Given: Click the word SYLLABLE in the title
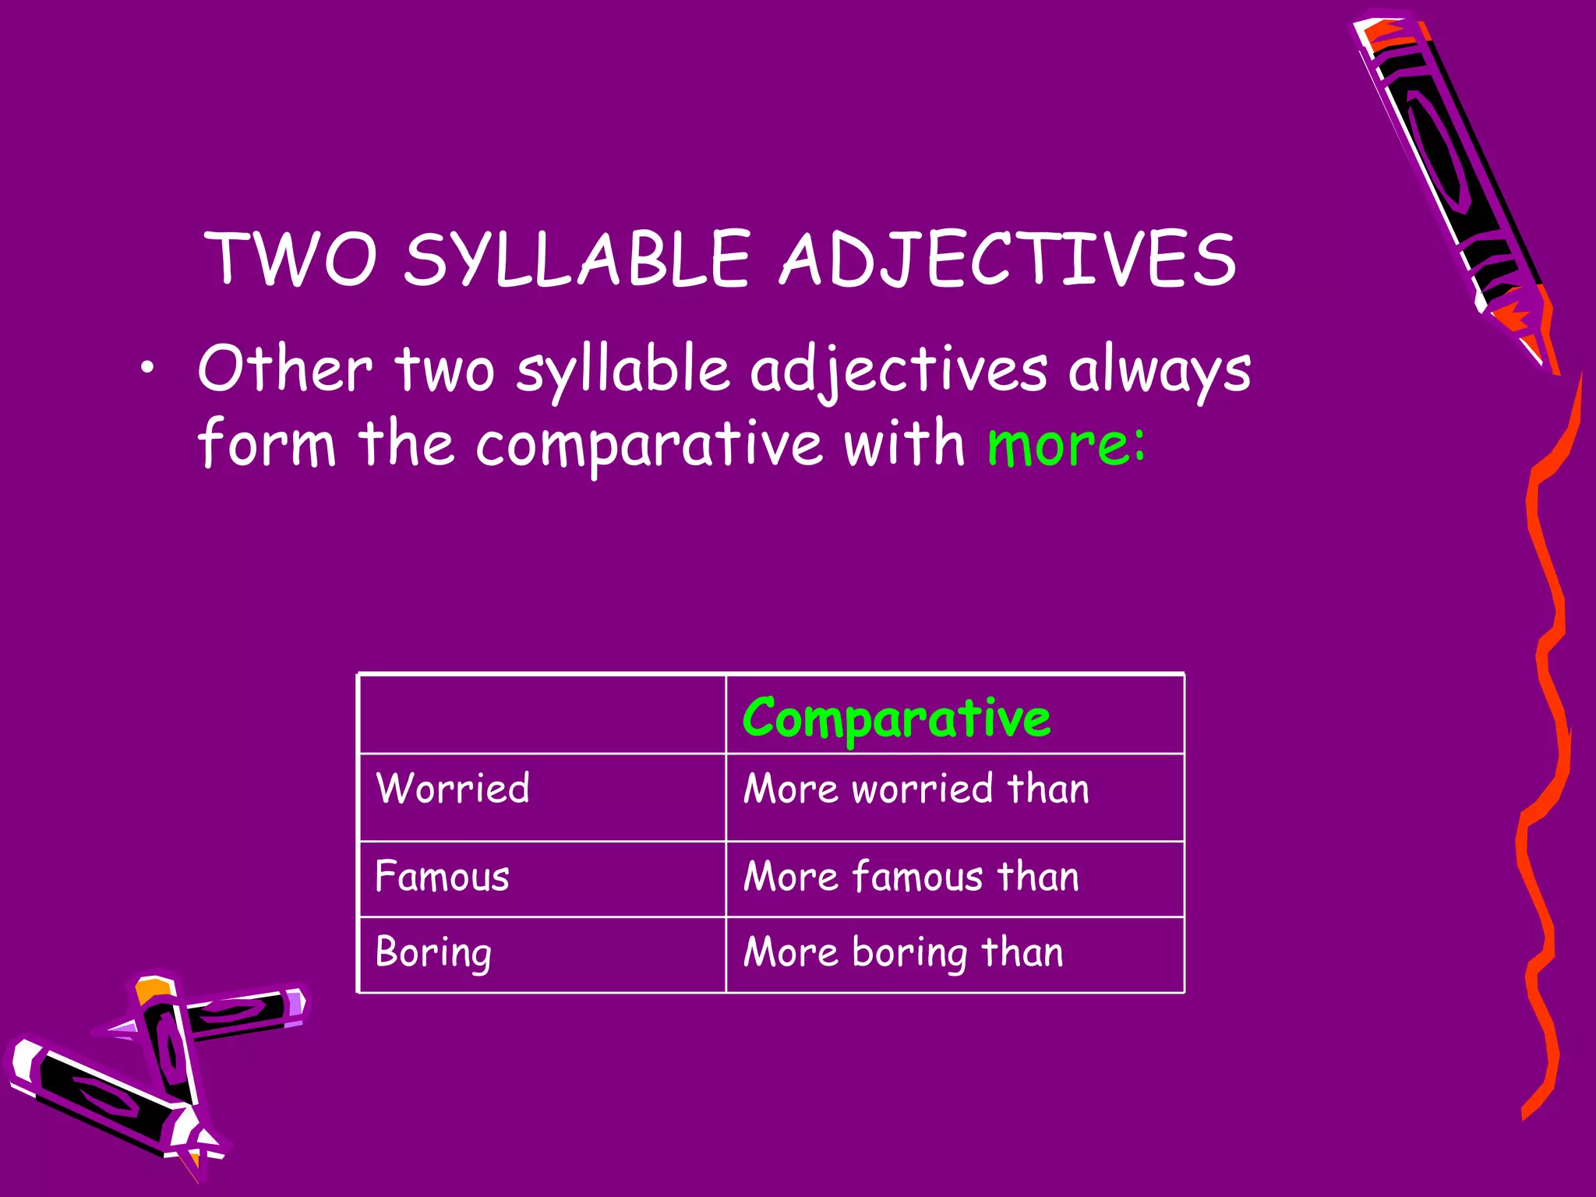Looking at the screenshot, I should click(577, 259).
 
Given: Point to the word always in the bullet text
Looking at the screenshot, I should click(1159, 370).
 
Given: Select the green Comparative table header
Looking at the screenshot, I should click(896, 718).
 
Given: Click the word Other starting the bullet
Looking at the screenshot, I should click(284, 369).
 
